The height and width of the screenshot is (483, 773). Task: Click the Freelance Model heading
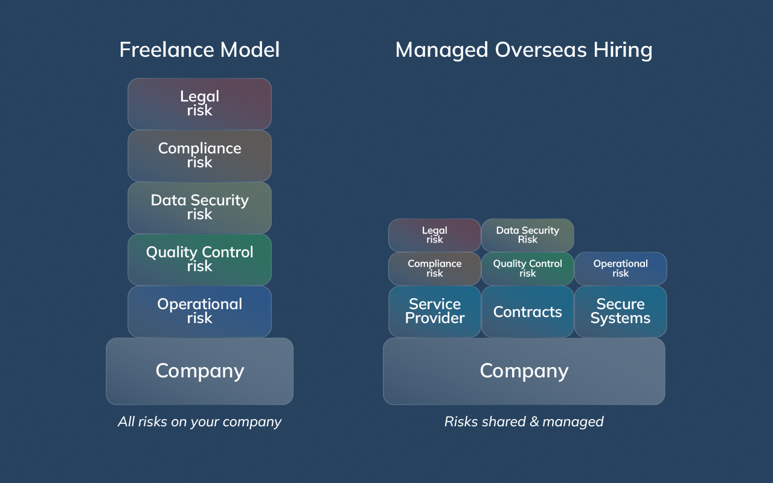[199, 50]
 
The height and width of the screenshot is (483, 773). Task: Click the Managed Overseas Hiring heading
[524, 50]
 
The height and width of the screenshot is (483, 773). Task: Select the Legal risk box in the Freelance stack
[199, 103]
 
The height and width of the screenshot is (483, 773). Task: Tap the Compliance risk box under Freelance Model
[199, 155]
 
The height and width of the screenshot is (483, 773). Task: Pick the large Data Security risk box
[199, 207]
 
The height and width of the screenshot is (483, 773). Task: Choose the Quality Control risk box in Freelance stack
[199, 259]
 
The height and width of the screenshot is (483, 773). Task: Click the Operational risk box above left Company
[199, 311]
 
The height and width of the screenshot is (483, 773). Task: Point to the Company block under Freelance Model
[199, 371]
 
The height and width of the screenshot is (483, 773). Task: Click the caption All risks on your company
[199, 421]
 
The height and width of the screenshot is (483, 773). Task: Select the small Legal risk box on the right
[434, 235]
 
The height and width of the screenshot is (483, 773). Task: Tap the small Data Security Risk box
[527, 235]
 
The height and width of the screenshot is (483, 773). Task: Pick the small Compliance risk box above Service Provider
[434, 269]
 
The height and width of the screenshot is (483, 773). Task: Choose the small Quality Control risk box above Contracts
[527, 269]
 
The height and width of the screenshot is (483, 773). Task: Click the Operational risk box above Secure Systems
[620, 269]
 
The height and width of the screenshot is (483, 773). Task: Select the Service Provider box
[434, 311]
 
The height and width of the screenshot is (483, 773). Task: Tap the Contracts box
[527, 312]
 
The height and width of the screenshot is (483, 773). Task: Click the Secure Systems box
[620, 311]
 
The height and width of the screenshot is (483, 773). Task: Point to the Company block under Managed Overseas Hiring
[524, 371]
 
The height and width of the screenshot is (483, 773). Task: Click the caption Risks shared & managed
[524, 421]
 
